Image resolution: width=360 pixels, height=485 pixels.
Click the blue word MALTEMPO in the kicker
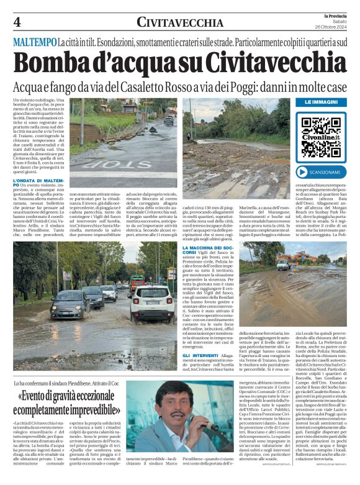click(x=34, y=42)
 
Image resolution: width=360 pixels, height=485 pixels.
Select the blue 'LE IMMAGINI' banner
click(x=322, y=101)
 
